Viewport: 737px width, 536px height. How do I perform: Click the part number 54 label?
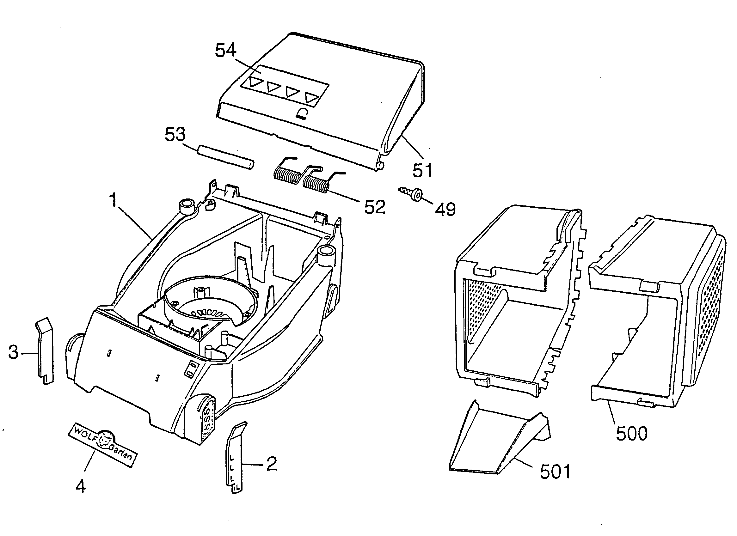coord(226,51)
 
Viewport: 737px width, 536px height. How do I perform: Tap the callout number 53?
coord(175,135)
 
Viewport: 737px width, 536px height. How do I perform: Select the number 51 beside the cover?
coord(422,170)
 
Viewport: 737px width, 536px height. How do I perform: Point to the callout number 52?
coord(375,207)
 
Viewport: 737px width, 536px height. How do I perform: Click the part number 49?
coord(445,210)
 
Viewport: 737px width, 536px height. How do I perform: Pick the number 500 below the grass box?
coord(632,433)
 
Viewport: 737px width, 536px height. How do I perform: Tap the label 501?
coord(555,472)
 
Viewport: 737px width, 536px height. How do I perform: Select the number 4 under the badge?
coord(81,486)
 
